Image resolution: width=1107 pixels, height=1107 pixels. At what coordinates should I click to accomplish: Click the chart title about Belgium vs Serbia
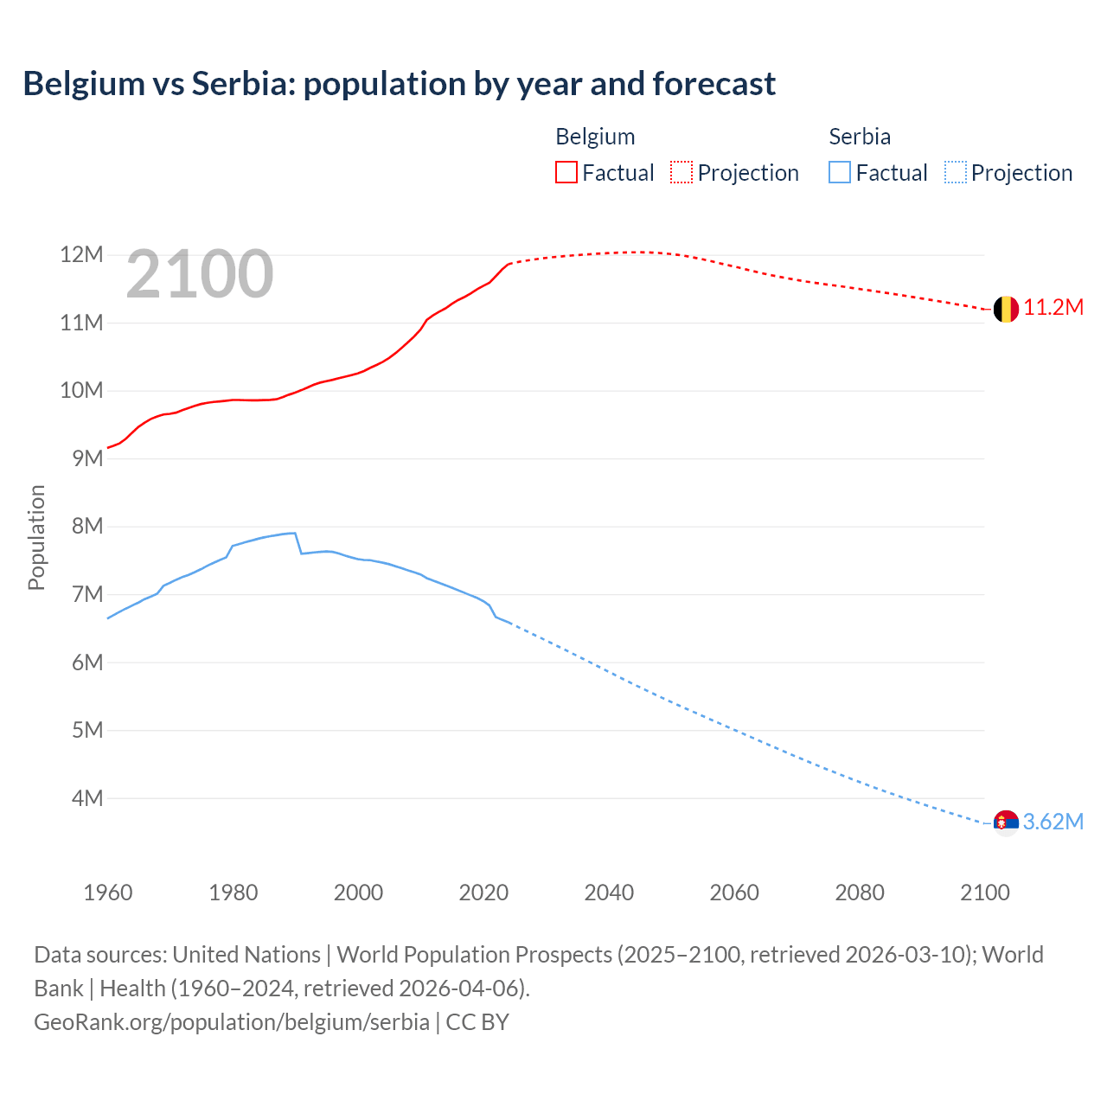tap(399, 84)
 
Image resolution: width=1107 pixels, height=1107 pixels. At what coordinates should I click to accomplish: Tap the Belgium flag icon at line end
tap(1005, 309)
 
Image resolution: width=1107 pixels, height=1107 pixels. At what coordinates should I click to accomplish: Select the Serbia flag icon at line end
tap(1005, 822)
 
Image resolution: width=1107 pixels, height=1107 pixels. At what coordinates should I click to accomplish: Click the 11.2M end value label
tap(1053, 308)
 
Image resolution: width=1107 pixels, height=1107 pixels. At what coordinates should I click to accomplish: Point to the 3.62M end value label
tap(1053, 822)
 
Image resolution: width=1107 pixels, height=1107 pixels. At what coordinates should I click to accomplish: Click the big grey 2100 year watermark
tap(200, 274)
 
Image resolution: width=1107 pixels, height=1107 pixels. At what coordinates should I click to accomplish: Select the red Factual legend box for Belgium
tap(566, 172)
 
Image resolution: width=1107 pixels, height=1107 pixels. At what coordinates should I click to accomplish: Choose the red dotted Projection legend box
tap(681, 172)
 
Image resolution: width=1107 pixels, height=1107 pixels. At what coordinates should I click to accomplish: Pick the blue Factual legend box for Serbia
tap(839, 172)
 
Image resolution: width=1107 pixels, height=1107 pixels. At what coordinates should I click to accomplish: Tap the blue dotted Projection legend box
tap(955, 172)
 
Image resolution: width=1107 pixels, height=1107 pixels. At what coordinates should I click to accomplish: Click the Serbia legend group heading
tap(859, 137)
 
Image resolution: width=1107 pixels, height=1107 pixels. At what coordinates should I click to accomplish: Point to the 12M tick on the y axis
tap(81, 254)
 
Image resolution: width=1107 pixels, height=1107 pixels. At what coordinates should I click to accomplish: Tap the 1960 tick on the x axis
tap(108, 893)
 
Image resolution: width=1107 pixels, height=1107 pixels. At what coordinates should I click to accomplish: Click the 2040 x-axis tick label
tap(609, 893)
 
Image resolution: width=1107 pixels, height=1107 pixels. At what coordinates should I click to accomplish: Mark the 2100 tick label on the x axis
tap(984, 893)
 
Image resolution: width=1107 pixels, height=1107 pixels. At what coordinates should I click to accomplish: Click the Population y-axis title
tap(36, 537)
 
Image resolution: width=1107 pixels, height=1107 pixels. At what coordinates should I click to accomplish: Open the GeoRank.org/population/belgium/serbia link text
tap(232, 1022)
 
